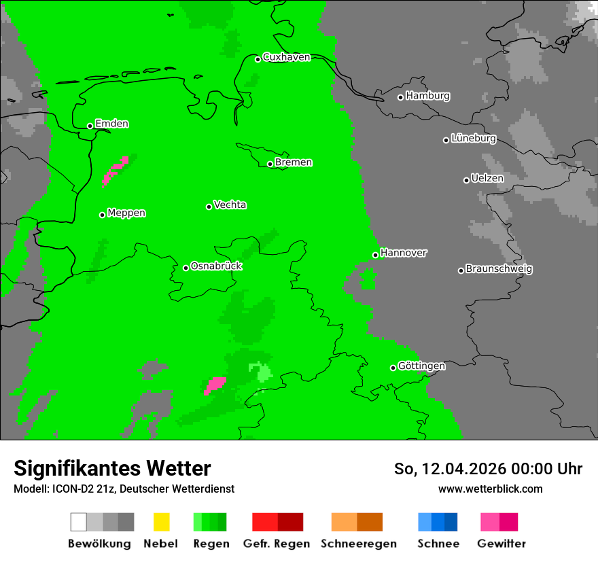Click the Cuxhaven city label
point(286,57)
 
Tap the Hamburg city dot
point(401,97)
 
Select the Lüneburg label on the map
point(474,139)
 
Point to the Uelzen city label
point(487,179)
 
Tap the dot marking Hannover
point(375,255)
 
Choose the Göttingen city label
point(421,366)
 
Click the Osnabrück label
point(216,266)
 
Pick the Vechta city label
point(230,205)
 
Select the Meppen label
point(126,213)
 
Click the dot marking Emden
point(90,126)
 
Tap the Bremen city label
point(294,162)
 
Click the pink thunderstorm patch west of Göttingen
point(215,385)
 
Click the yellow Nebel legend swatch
point(161,522)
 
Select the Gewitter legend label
point(501,544)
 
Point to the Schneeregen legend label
point(358,544)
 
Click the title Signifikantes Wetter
point(112,468)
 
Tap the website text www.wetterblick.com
point(490,489)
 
